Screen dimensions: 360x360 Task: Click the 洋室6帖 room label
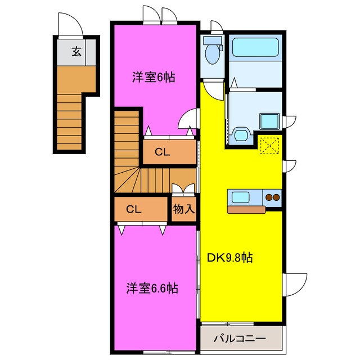[154, 78]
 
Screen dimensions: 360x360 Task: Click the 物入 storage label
[184, 209]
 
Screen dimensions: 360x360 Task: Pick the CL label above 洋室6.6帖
[133, 209]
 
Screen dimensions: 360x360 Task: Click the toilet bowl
[213, 54]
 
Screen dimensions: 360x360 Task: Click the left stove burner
[268, 197]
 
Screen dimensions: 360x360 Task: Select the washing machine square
[269, 121]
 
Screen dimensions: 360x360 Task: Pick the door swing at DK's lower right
[296, 281]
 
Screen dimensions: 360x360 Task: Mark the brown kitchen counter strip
[246, 210]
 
